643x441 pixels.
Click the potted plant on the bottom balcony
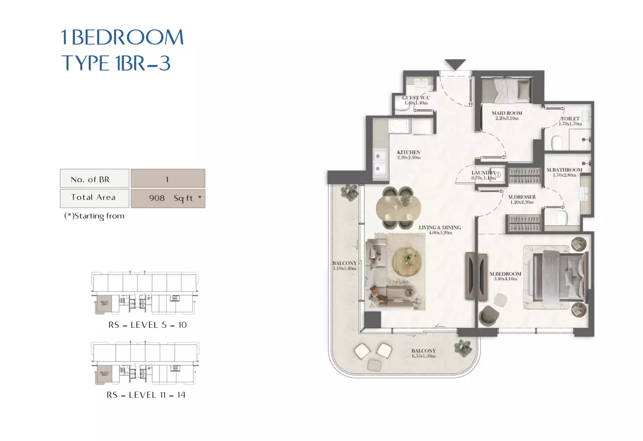pyautogui.click(x=462, y=347)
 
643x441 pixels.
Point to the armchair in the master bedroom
pyautogui.click(x=488, y=315)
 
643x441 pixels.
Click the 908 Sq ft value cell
pyautogui.click(x=168, y=198)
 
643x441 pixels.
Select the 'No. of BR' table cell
pyautogui.click(x=94, y=179)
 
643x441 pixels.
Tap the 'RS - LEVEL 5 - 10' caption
pyautogui.click(x=148, y=325)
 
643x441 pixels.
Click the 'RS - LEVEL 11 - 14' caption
pyautogui.click(x=146, y=395)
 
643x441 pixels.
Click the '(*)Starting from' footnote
pyautogui.click(x=94, y=216)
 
